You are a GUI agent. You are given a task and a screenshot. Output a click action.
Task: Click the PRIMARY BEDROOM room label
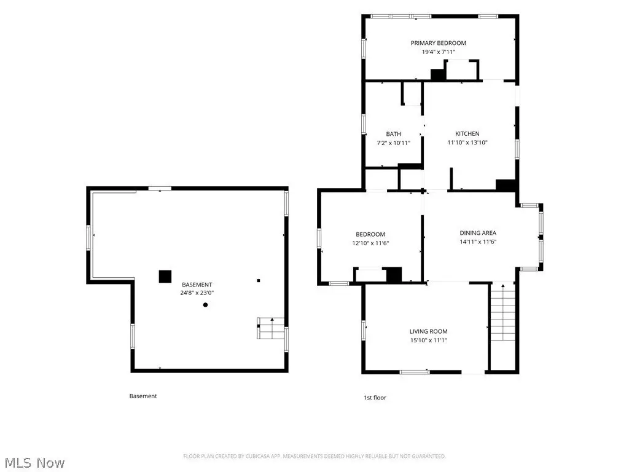point(438,43)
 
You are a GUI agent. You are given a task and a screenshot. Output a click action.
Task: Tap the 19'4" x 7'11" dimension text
point(438,52)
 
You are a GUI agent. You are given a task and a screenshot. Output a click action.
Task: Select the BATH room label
point(393,134)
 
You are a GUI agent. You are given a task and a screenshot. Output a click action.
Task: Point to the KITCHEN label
point(467,133)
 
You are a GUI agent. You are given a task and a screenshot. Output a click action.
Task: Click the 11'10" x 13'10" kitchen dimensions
point(467,143)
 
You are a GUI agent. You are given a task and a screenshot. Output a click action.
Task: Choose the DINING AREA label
point(478,233)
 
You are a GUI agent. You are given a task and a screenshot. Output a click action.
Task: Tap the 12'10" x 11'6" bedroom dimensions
point(370,243)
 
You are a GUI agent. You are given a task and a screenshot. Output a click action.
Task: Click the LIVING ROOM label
point(428,331)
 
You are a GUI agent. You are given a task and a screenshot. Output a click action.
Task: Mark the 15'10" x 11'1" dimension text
point(428,340)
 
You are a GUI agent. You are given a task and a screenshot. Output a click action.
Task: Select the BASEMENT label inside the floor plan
point(197,285)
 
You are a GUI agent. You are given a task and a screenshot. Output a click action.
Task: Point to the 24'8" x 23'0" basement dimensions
point(197,293)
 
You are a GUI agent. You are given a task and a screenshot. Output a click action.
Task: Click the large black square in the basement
point(165,277)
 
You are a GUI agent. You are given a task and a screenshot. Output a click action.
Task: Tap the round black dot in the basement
point(205,305)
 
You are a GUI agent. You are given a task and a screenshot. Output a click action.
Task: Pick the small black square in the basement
point(259,280)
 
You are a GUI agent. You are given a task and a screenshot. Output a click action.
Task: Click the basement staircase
point(271,328)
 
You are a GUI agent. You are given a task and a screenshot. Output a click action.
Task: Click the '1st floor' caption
point(375,398)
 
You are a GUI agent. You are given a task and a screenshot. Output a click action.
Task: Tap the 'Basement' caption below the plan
point(143,396)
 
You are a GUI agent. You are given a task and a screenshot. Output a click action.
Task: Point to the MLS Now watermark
point(35,463)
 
